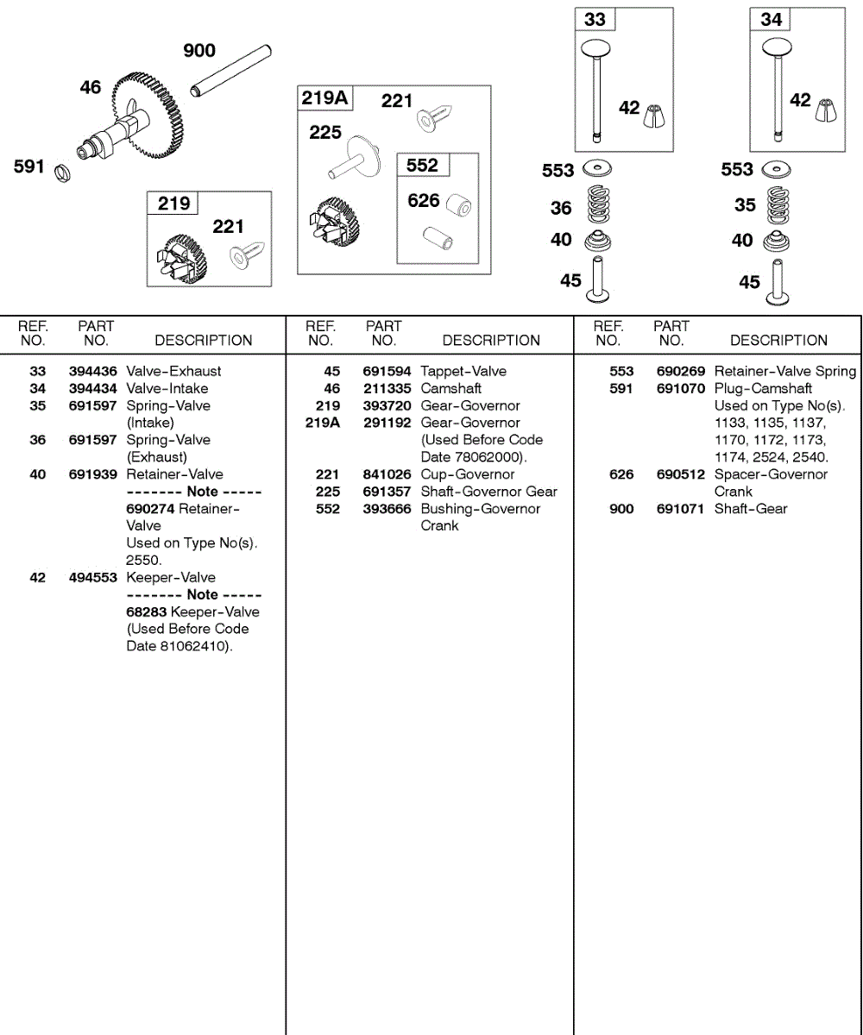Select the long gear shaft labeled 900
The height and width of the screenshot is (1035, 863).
coord(232,72)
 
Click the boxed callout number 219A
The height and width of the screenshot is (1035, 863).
coord(324,97)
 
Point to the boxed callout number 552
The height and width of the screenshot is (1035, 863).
coord(422,165)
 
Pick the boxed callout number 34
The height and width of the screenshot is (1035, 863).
coord(772,19)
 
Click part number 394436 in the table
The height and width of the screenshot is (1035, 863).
coord(92,371)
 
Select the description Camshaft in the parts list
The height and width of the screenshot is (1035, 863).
coord(450,388)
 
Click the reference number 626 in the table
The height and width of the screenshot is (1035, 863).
coord(621,474)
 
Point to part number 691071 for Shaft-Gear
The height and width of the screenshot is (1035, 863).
coord(681,509)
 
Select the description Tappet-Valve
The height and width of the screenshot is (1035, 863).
coord(463,371)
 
